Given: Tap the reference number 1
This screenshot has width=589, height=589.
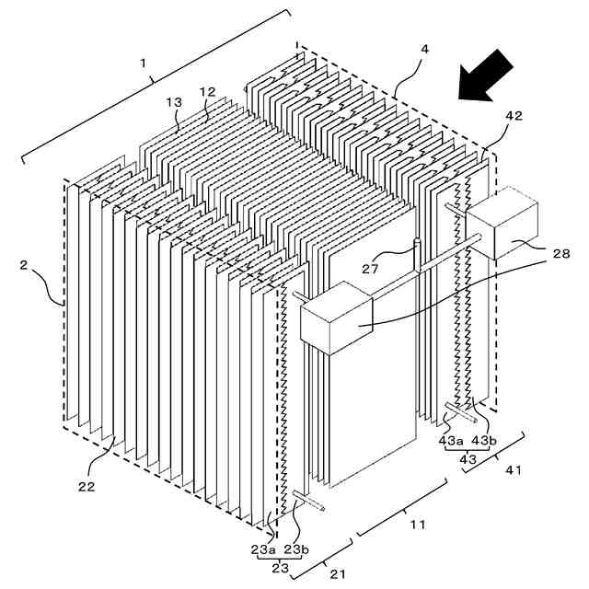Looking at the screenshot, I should point(144,63).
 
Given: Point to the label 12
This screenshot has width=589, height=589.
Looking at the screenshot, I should point(207,92).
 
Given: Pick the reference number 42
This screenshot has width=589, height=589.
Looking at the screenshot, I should point(513,117).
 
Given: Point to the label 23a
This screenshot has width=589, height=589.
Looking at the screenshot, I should point(262,549).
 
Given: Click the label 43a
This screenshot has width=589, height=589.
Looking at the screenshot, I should point(451,440).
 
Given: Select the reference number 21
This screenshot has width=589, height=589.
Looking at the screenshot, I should point(338,575).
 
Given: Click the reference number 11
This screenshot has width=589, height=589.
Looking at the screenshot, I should point(417,525).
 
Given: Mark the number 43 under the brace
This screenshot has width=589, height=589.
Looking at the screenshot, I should point(468,458).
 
